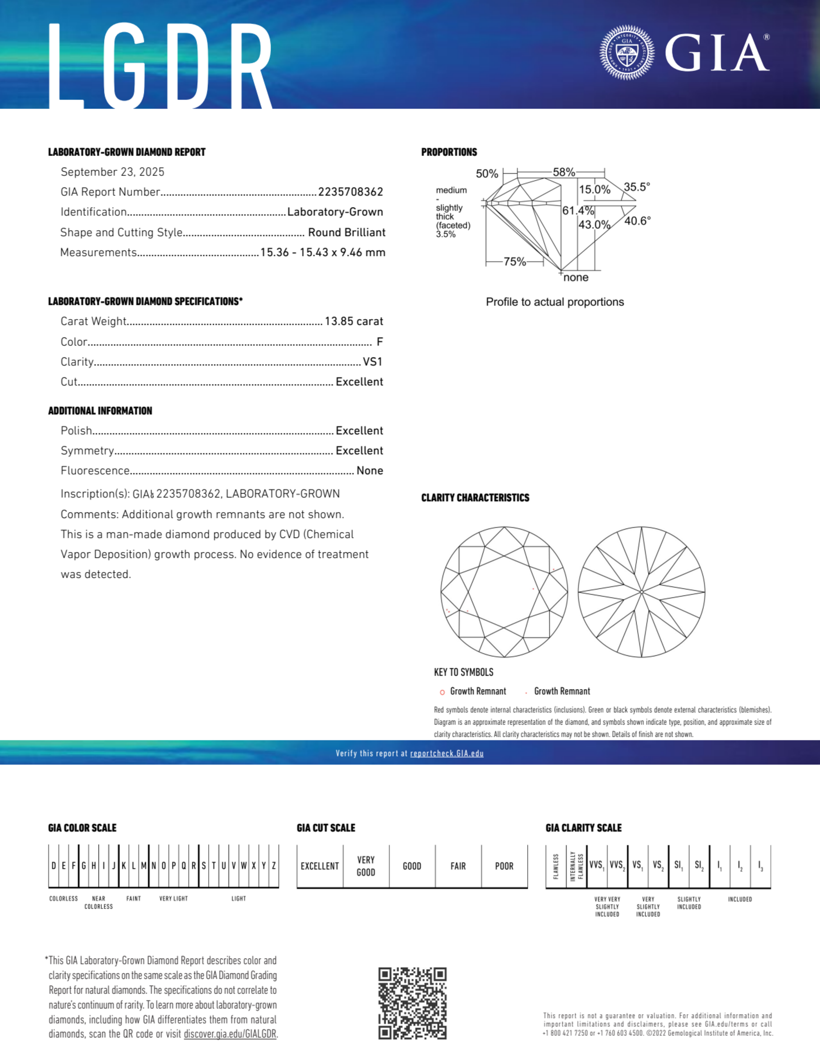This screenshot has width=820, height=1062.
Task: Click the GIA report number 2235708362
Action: [x=350, y=192]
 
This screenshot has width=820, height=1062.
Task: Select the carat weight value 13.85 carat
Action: [x=354, y=321]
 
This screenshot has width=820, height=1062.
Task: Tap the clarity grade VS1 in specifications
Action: [x=373, y=362]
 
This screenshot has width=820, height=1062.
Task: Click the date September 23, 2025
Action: [x=112, y=172]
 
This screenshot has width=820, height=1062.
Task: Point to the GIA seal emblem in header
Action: [x=627, y=52]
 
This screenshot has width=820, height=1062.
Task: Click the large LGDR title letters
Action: [x=160, y=66]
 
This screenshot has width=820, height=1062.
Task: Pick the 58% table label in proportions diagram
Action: [x=564, y=172]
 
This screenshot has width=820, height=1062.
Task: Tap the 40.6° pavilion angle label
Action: [x=637, y=221]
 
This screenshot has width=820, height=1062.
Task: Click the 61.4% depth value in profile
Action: [x=578, y=210]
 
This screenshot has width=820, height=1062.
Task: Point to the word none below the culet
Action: [x=576, y=278]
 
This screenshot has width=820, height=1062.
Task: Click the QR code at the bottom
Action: [x=412, y=1003]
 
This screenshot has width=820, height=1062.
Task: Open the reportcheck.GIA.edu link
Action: [x=447, y=753]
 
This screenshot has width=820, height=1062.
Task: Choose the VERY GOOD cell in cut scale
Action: [x=366, y=866]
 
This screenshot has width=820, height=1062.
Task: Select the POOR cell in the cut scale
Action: [x=504, y=866]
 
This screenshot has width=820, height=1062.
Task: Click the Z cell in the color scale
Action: [x=274, y=866]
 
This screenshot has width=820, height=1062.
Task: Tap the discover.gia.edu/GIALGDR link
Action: [x=230, y=1034]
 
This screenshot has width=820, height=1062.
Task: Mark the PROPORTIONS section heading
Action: [x=449, y=152]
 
